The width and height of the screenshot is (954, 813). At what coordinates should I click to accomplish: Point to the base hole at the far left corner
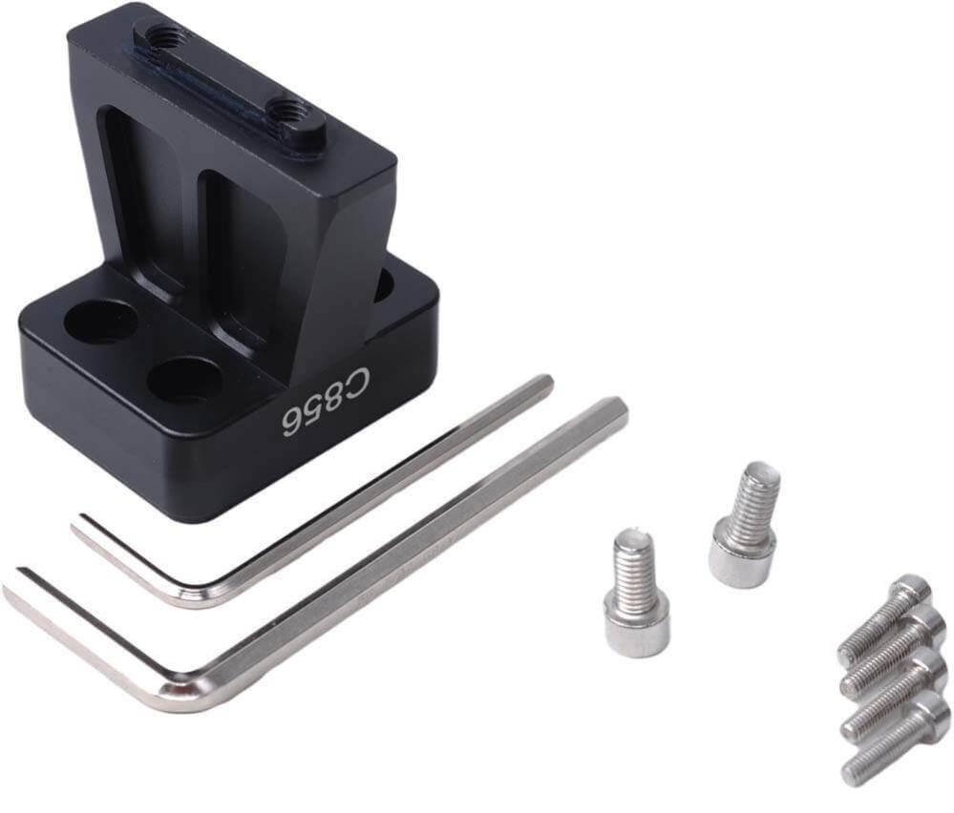point(100,320)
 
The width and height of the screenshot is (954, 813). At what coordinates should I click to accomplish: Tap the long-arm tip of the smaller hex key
point(545,384)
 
